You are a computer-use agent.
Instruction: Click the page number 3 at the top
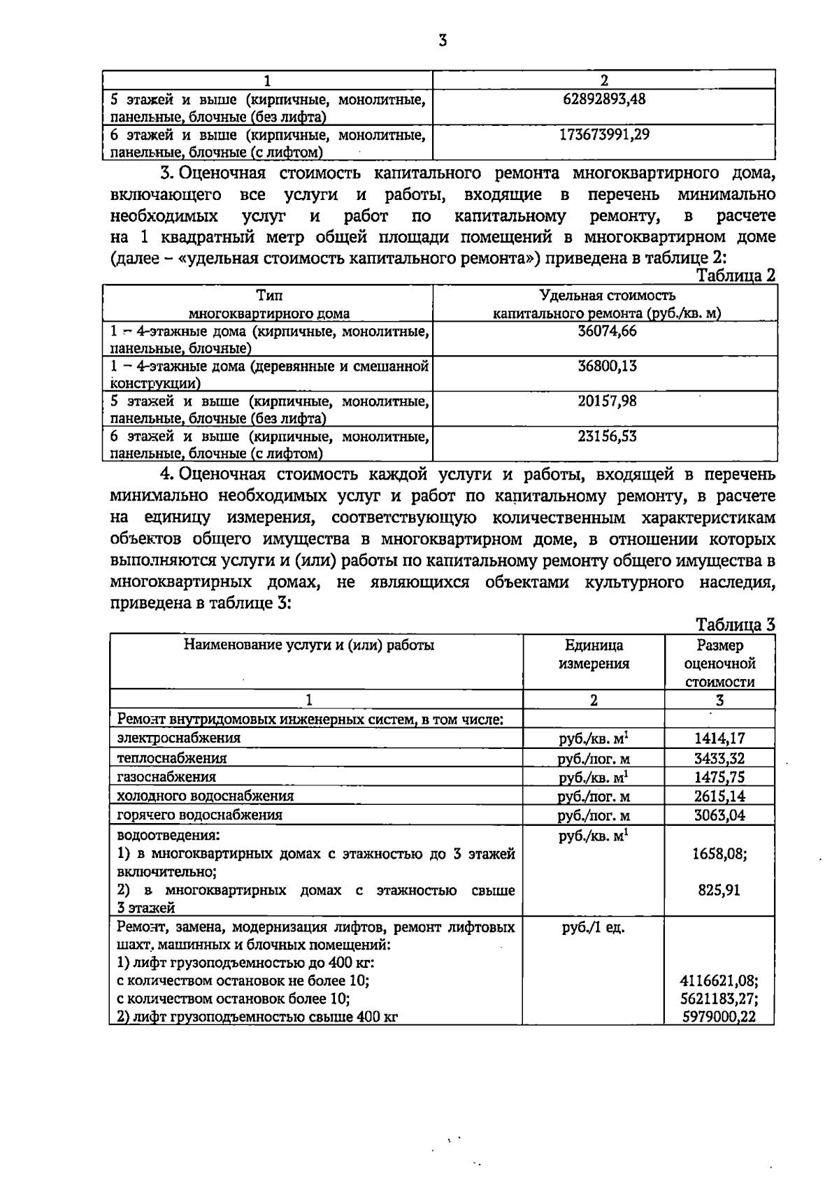point(442,41)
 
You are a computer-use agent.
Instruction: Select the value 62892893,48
point(604,99)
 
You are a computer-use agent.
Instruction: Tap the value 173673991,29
point(604,134)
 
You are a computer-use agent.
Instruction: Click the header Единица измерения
point(594,655)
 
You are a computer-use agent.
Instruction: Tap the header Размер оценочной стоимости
point(719,663)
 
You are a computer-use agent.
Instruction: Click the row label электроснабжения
point(179,738)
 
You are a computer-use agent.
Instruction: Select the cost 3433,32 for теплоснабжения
point(719,758)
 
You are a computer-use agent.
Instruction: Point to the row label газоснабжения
point(166,777)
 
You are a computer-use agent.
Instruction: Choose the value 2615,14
point(719,796)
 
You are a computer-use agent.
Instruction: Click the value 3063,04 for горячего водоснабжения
point(719,815)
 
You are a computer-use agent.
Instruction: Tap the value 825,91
point(719,890)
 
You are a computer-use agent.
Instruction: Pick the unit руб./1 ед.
point(594,929)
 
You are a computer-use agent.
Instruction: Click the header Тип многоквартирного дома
point(269,305)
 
